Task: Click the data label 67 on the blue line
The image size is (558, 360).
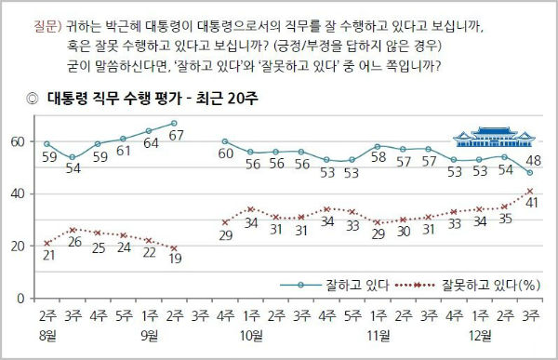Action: coord(174,137)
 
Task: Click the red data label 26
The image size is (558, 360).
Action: coord(73,245)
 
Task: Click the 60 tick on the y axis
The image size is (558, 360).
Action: coord(16,141)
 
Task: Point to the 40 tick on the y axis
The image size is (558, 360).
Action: coord(16,193)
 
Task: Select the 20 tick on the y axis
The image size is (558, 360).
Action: coord(16,246)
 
